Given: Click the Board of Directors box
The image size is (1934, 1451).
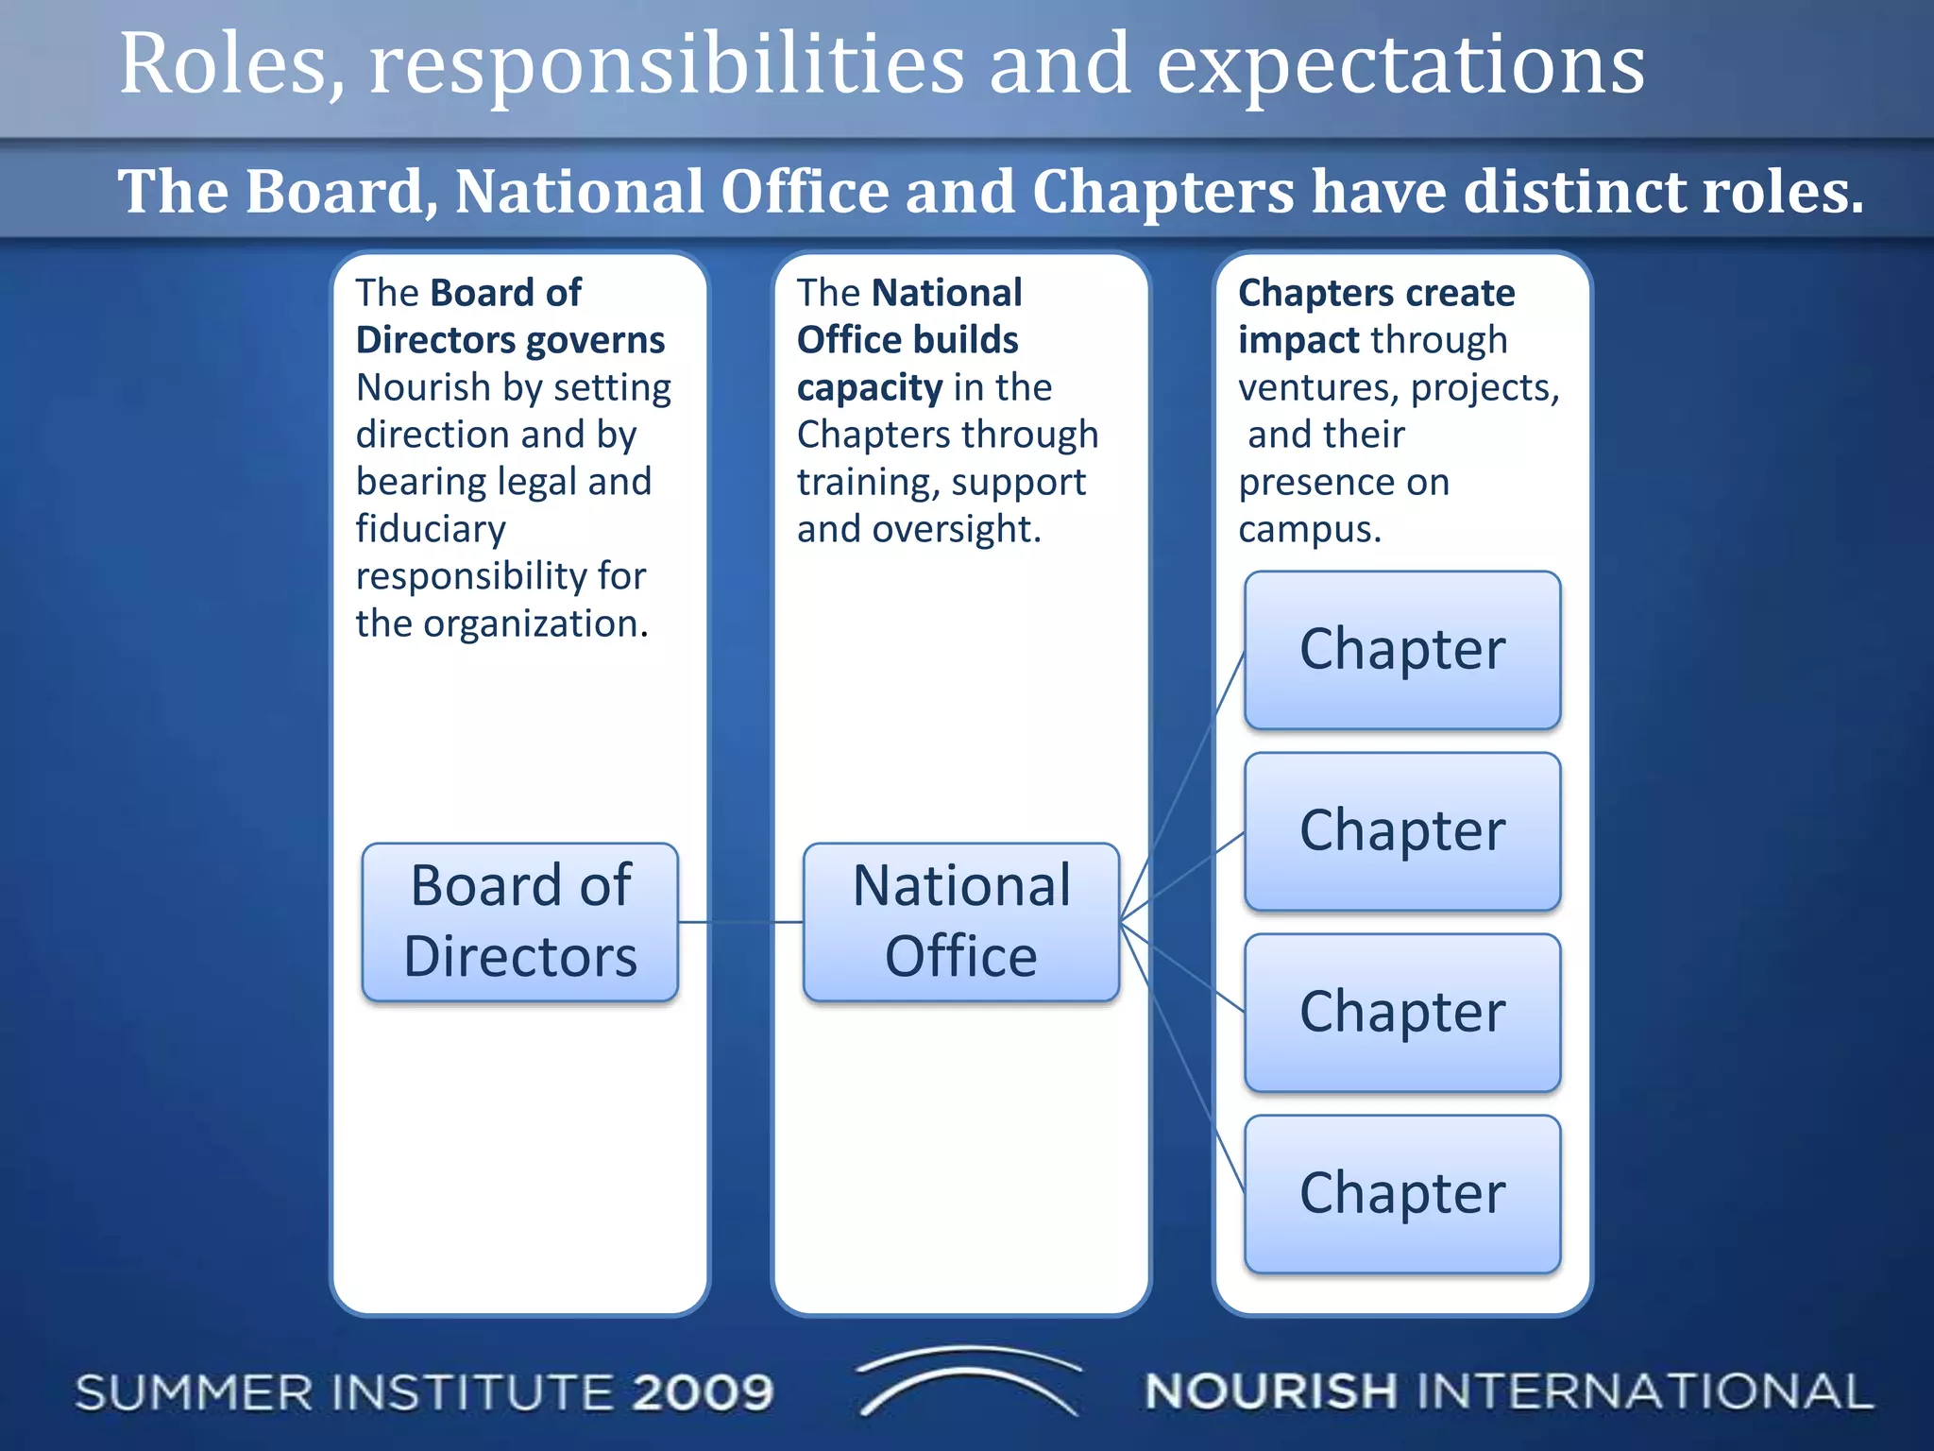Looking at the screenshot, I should click(x=520, y=922).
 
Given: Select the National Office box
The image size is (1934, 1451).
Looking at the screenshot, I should click(x=961, y=922).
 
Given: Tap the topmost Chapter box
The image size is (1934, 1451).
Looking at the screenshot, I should click(x=1402, y=650).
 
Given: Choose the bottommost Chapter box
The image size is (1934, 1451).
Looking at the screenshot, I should click(x=1402, y=1194).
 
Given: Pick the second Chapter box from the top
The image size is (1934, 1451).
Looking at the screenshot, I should click(x=1402, y=831).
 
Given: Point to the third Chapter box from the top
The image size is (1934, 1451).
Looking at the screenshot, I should click(x=1402, y=1013).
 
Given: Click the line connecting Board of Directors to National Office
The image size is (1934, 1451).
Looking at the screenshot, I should click(x=741, y=922).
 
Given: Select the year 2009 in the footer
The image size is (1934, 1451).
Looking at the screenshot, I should click(x=704, y=1392).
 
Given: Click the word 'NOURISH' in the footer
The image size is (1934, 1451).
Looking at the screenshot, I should click(x=1270, y=1391).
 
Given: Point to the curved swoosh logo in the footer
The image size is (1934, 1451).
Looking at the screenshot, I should click(x=968, y=1379).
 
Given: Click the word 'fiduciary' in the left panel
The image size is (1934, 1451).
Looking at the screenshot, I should click(x=431, y=529).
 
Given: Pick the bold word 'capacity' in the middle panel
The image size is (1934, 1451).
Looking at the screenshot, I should click(x=870, y=388).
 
